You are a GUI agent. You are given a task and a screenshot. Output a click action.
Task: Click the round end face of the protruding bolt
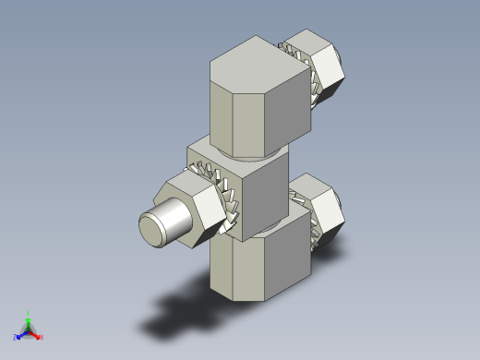[x=153, y=229]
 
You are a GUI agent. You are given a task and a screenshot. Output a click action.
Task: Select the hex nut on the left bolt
[x=195, y=212]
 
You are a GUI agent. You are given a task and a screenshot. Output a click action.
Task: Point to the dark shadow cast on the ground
[x=185, y=314]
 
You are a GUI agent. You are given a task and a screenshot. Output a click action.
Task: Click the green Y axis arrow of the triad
[x=28, y=317]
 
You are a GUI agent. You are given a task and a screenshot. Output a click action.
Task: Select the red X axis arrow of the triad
[x=39, y=336]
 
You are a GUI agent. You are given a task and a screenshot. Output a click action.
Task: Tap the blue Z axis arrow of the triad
[x=18, y=336]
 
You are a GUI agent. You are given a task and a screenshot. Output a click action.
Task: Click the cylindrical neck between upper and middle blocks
[x=249, y=150]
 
